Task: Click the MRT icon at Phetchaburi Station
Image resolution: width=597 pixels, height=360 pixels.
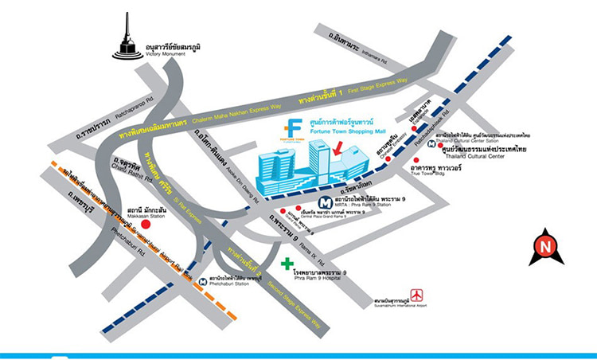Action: click(205, 281)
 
